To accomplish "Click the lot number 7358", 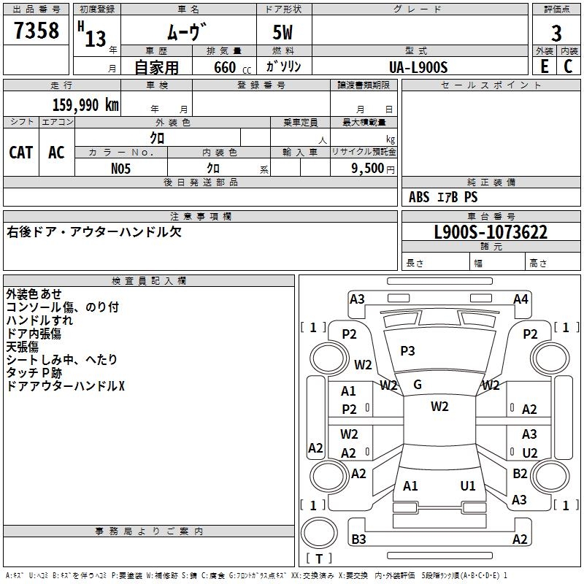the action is pos(36,31).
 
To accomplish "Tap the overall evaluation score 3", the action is pos(556,34).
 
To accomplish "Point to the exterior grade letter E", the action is pos(544,66).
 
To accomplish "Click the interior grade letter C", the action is pos(569,66).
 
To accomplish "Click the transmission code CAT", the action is pos(21,152).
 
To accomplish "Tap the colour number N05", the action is pos(121,168).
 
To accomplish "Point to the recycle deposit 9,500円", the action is pos(373,168).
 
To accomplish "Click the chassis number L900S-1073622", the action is pos(491,232).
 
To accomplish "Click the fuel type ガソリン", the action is pos(284,66).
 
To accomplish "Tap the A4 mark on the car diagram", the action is pos(520,299).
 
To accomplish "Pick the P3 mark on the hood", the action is pos(407,351).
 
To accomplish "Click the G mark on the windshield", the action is pos(418,385).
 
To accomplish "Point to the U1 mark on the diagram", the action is pos(468,485).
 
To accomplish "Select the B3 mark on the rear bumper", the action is pos(358,539).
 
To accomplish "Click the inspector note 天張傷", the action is pos(23,347).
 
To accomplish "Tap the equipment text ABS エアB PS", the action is pos(443,197).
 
